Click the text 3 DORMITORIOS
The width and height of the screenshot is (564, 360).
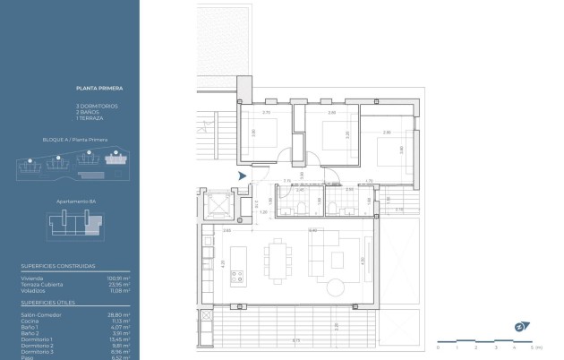(x=96, y=107)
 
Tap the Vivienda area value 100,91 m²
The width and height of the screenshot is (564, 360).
(x=119, y=279)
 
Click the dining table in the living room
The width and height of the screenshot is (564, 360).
(x=277, y=256)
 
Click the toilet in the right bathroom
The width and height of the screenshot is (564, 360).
(x=333, y=208)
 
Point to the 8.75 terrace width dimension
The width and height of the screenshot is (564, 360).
(x=295, y=339)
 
